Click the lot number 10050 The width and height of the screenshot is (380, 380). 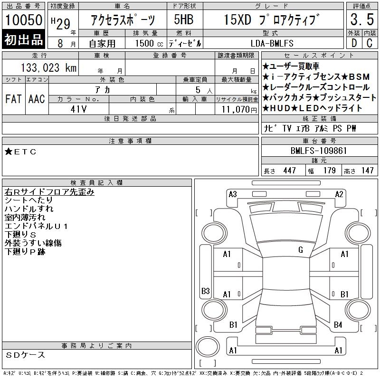(24, 19)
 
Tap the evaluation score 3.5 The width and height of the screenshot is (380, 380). (362, 19)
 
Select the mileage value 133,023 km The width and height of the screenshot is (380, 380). (48, 67)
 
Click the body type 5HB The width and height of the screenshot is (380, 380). (184, 19)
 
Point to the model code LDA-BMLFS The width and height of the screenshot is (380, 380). (272, 43)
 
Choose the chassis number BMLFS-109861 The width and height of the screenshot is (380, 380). (318, 151)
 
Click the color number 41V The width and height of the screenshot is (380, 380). (78, 109)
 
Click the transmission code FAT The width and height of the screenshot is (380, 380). (13, 99)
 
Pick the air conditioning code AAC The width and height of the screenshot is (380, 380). (37, 99)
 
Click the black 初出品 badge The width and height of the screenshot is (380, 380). (23, 39)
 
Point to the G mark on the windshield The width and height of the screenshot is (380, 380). (301, 250)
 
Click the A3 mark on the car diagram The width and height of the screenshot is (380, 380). (233, 194)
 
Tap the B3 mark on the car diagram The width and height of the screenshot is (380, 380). (205, 291)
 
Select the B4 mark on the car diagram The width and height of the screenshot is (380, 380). (338, 325)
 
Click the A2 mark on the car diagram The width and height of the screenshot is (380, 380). (339, 194)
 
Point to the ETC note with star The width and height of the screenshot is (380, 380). (20, 152)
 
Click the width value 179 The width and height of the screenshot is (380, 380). (329, 171)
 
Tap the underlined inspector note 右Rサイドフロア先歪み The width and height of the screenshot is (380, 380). (49, 192)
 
